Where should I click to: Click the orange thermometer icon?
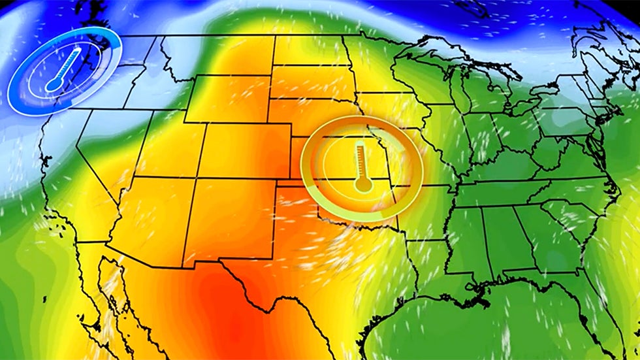[x=360, y=168]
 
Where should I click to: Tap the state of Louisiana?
[x=431, y=274]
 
